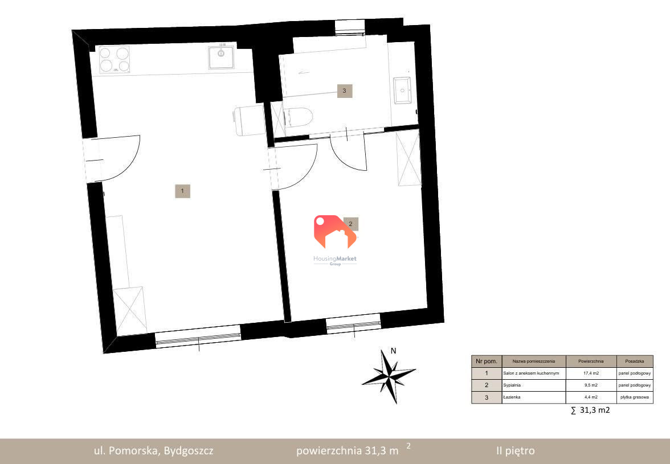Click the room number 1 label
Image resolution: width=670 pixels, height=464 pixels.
pos(182,191)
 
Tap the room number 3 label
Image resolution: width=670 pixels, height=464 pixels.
pos(344,91)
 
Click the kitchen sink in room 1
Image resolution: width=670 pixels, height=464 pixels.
pos(221,57)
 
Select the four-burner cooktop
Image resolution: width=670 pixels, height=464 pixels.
pos(114,59)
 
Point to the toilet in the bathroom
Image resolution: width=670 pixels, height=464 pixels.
pos(299,117)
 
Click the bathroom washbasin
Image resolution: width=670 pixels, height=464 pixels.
pos(402,90)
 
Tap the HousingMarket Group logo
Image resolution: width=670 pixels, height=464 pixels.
pos(335,240)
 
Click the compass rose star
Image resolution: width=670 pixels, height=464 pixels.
pos(389,376)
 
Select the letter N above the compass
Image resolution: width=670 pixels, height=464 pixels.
pos(394,351)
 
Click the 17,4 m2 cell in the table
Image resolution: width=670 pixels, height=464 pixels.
pos(591,373)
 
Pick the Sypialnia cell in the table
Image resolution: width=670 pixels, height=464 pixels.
pos(534,385)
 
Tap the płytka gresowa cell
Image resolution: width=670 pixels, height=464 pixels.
pos(635,397)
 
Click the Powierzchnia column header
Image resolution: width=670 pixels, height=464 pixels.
pos(591,361)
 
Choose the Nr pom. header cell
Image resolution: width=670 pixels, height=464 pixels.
pos(487,361)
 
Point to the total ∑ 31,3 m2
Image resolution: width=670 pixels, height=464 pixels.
pos(590,410)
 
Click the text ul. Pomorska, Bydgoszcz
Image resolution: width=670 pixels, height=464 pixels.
pos(153,451)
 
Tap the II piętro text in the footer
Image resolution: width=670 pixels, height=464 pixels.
pos(515,451)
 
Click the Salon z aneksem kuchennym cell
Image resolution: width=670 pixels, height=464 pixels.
pos(534,373)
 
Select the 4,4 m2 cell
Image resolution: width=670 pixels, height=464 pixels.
pos(591,397)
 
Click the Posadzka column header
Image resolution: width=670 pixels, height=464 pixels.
pos(635,361)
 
